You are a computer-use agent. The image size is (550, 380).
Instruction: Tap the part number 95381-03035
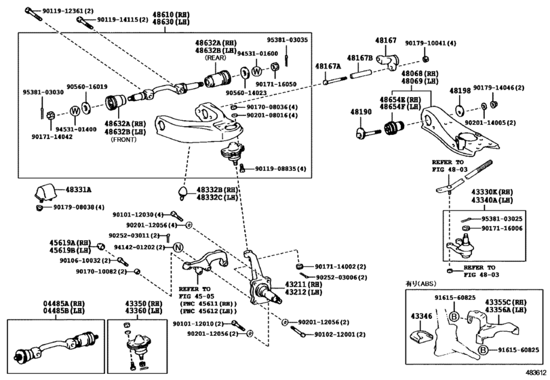pos(286,40)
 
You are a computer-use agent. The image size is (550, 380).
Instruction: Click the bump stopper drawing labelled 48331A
pos(45,193)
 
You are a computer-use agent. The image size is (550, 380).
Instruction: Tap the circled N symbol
pos(178,246)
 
